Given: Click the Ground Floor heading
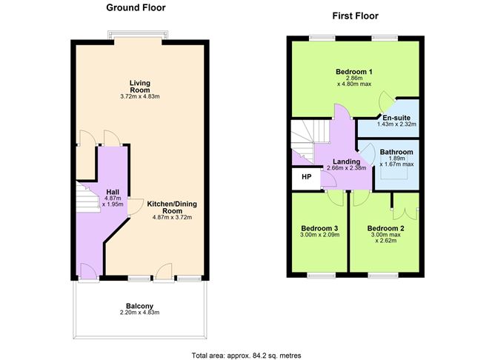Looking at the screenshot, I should pos(136,8).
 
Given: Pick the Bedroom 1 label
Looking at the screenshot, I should pos(353,72).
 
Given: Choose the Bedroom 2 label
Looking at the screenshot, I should pos(385,227).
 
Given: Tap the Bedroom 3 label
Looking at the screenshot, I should pos(320,227).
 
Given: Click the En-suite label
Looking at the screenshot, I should pos(396,117).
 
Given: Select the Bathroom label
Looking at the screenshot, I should pos(396,153).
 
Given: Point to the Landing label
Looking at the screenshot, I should pos(346,161).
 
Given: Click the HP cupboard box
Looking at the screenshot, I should pos(306,178).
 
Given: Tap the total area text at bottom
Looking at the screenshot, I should pos(246,354).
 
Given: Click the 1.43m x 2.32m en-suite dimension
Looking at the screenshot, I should pos(396,124).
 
